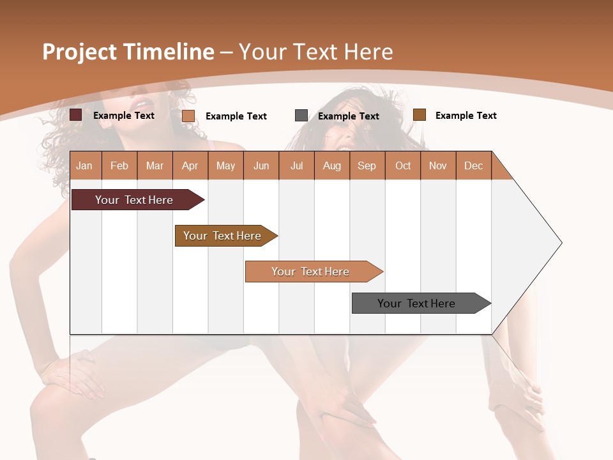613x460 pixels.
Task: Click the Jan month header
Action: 85,165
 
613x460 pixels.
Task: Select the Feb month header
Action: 119,165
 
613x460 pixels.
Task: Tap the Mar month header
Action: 155,165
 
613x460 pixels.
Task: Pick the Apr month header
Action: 190,165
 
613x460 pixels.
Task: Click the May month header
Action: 225,165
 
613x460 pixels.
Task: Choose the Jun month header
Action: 261,165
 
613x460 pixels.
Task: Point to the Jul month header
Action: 296,165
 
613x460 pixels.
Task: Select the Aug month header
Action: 332,165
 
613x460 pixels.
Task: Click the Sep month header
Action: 367,165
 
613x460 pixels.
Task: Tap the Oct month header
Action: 403,165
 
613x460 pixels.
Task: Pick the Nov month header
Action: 438,165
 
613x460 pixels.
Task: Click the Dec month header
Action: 474,165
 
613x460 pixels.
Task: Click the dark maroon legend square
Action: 76,115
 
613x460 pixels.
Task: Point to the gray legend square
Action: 301,116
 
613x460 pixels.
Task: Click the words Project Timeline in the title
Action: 128,52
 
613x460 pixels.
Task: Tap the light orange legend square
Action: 188,116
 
